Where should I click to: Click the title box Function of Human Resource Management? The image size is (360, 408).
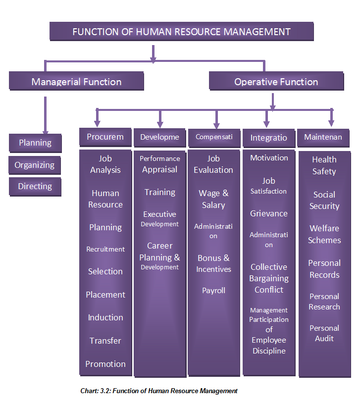[x=181, y=32]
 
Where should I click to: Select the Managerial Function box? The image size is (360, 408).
[x=76, y=82]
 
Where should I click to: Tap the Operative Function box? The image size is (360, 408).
[x=276, y=82]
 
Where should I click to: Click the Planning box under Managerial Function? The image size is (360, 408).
[x=35, y=143]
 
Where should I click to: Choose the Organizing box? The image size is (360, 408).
[x=35, y=165]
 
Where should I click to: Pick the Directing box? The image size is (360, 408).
[x=35, y=187]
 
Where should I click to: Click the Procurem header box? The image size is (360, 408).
[x=105, y=137]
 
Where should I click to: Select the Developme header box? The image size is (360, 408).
[x=159, y=137]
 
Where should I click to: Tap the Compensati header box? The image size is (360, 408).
[x=214, y=137]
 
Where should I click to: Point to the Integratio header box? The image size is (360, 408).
[x=268, y=138]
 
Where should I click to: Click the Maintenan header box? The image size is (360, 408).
[x=323, y=137]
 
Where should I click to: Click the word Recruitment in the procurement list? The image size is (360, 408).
[x=105, y=249]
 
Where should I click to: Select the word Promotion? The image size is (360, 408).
[x=105, y=364]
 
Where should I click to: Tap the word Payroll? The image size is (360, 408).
[x=213, y=291]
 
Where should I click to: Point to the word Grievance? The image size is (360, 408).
[x=268, y=214]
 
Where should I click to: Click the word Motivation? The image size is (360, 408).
[x=269, y=158]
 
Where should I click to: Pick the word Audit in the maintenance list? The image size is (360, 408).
[x=324, y=339]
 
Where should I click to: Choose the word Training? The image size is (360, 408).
[x=160, y=192]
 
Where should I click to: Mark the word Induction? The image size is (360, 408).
[x=105, y=317]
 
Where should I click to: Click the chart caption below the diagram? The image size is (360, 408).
[x=159, y=391]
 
